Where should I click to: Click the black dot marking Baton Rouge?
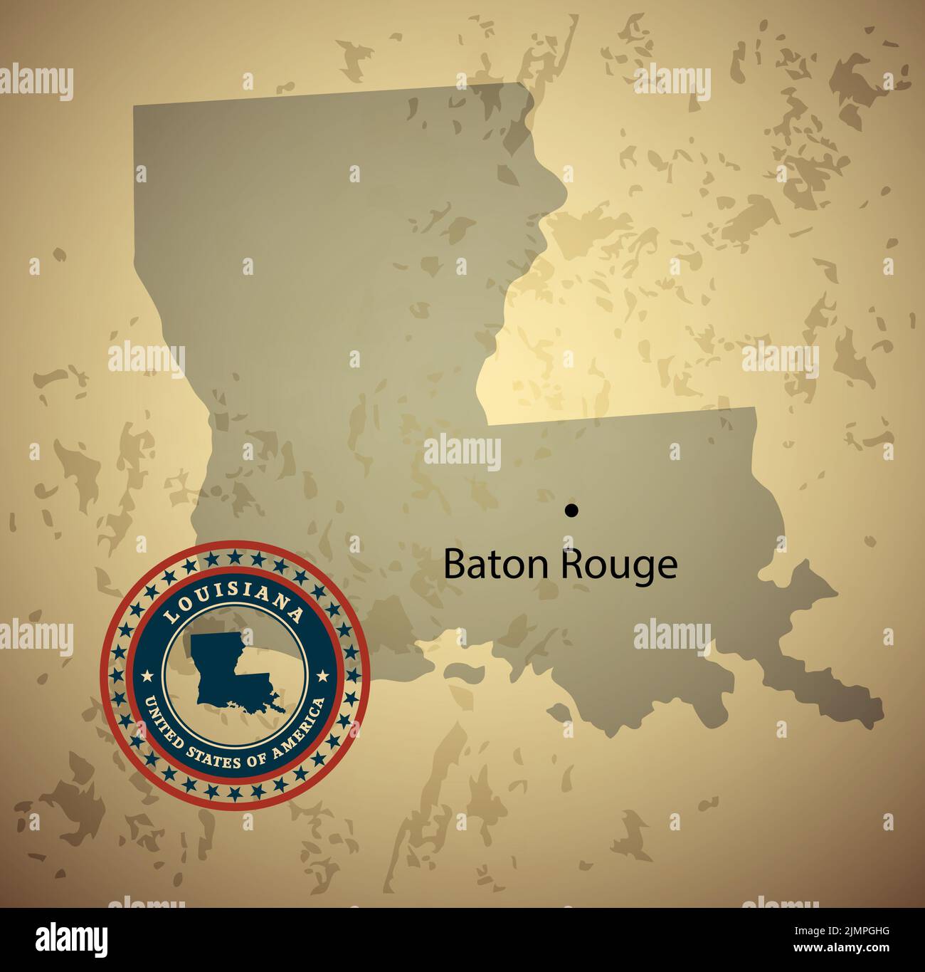click(571, 510)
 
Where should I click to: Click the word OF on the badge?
click(256, 760)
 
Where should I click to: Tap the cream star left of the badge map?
click(148, 675)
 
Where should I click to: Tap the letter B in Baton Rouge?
click(453, 565)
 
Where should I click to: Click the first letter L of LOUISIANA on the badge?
click(169, 617)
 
